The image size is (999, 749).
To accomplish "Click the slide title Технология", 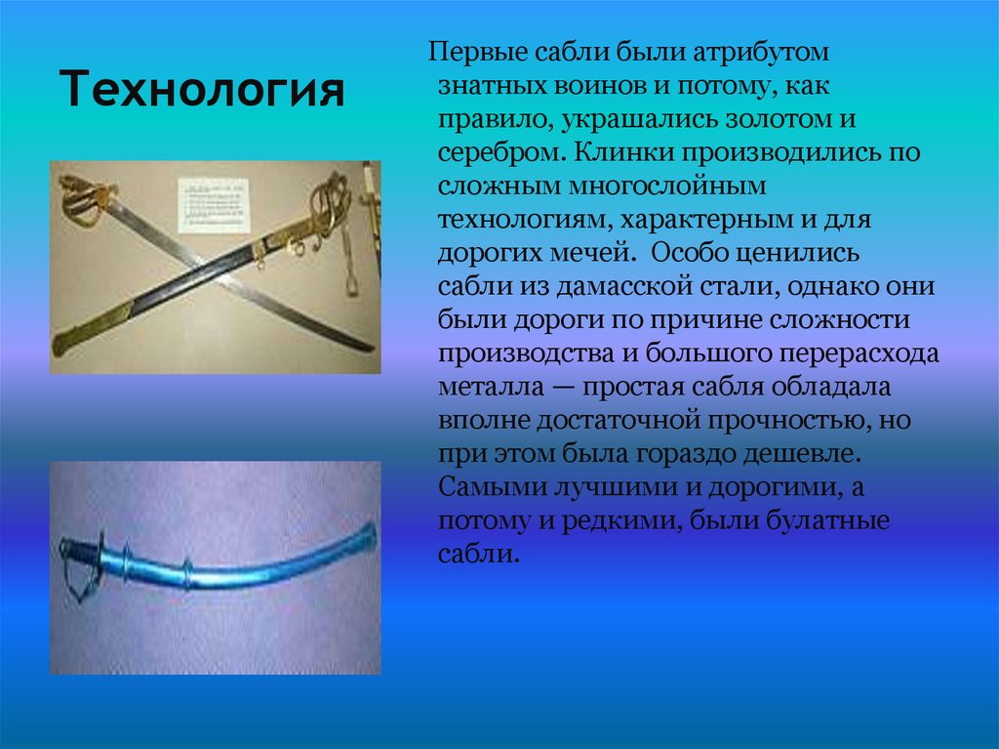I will (x=205, y=91).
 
